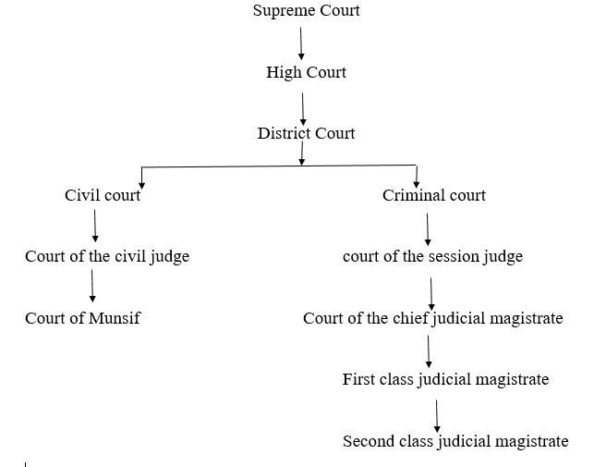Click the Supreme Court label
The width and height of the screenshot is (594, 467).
(x=306, y=11)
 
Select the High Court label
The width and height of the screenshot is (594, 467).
(x=306, y=72)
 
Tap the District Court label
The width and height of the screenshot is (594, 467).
(x=306, y=133)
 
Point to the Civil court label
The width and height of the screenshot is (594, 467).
(x=103, y=195)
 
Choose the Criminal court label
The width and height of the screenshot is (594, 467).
(x=434, y=195)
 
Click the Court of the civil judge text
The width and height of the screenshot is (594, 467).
(x=107, y=256)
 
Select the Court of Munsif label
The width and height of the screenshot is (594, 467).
(x=83, y=318)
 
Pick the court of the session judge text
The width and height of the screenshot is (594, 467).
(x=432, y=256)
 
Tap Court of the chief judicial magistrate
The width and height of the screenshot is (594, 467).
(x=432, y=318)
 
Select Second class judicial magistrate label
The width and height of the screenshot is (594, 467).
(x=455, y=441)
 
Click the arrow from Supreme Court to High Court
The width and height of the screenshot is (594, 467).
(x=300, y=42)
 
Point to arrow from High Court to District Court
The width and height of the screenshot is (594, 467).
(x=303, y=104)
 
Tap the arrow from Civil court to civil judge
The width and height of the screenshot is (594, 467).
(x=95, y=226)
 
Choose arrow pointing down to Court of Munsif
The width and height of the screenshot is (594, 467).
(x=92, y=287)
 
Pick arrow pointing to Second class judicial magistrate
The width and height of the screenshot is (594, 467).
(x=436, y=411)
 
